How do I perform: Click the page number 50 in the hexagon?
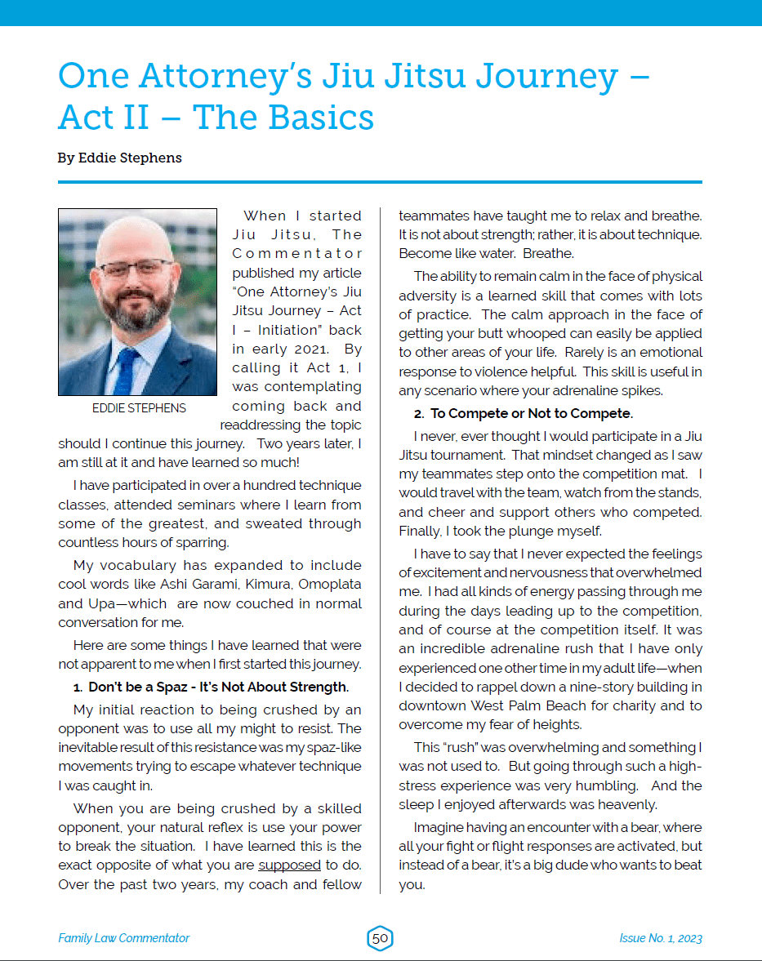pyautogui.click(x=380, y=938)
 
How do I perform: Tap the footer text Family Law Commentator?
pyautogui.click(x=123, y=938)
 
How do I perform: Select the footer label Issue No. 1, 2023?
pyautogui.click(x=660, y=938)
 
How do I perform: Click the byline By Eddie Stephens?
pyautogui.click(x=119, y=158)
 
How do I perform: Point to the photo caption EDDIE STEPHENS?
pyautogui.click(x=138, y=408)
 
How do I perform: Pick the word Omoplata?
pyautogui.click(x=330, y=585)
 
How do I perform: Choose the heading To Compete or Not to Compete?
pyautogui.click(x=532, y=413)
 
